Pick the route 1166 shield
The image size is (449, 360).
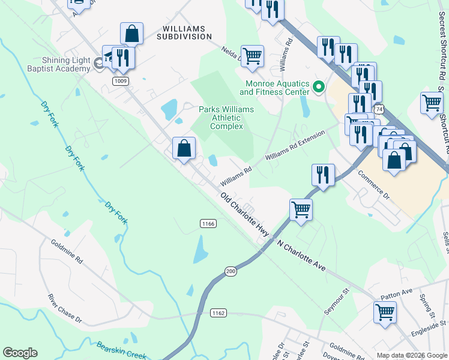pyautogui.click(x=208, y=223)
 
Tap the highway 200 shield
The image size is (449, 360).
pyautogui.click(x=231, y=272)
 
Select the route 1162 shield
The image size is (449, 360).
pyautogui.click(x=218, y=313)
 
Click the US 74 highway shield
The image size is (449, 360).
pyautogui.click(x=378, y=110)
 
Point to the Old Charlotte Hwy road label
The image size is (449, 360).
pyautogui.click(x=244, y=214)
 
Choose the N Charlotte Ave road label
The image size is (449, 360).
pyautogui.click(x=301, y=256)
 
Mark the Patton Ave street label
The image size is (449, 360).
pyautogui.click(x=397, y=293)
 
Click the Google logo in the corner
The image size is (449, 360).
pyautogui.click(x=20, y=353)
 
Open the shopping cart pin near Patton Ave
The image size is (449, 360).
pyautogui.click(x=385, y=312)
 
